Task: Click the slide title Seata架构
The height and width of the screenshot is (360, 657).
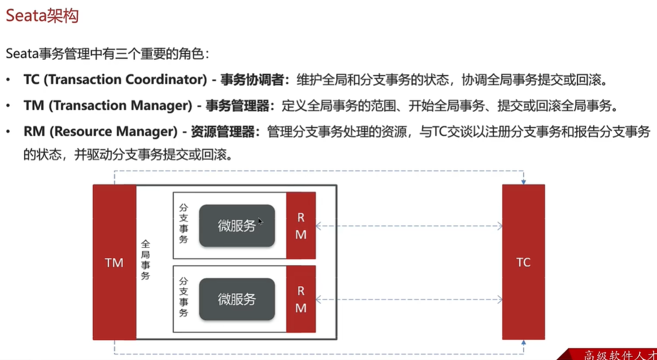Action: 42,16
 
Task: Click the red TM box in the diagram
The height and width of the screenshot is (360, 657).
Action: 114,262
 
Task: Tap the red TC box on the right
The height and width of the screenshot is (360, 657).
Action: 523,262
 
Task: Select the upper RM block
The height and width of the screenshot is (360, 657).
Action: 301,225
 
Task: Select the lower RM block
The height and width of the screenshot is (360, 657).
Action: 301,299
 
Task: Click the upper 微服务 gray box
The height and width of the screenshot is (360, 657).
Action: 237,225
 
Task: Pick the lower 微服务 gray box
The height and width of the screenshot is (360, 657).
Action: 237,299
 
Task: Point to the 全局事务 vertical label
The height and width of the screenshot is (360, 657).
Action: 145,260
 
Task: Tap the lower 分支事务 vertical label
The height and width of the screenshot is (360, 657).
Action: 184,297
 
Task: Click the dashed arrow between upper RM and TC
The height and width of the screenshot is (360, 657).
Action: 408,226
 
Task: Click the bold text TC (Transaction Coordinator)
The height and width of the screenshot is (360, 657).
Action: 115,80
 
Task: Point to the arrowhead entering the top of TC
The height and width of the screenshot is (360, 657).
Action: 524,182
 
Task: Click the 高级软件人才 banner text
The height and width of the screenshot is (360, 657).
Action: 619,355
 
